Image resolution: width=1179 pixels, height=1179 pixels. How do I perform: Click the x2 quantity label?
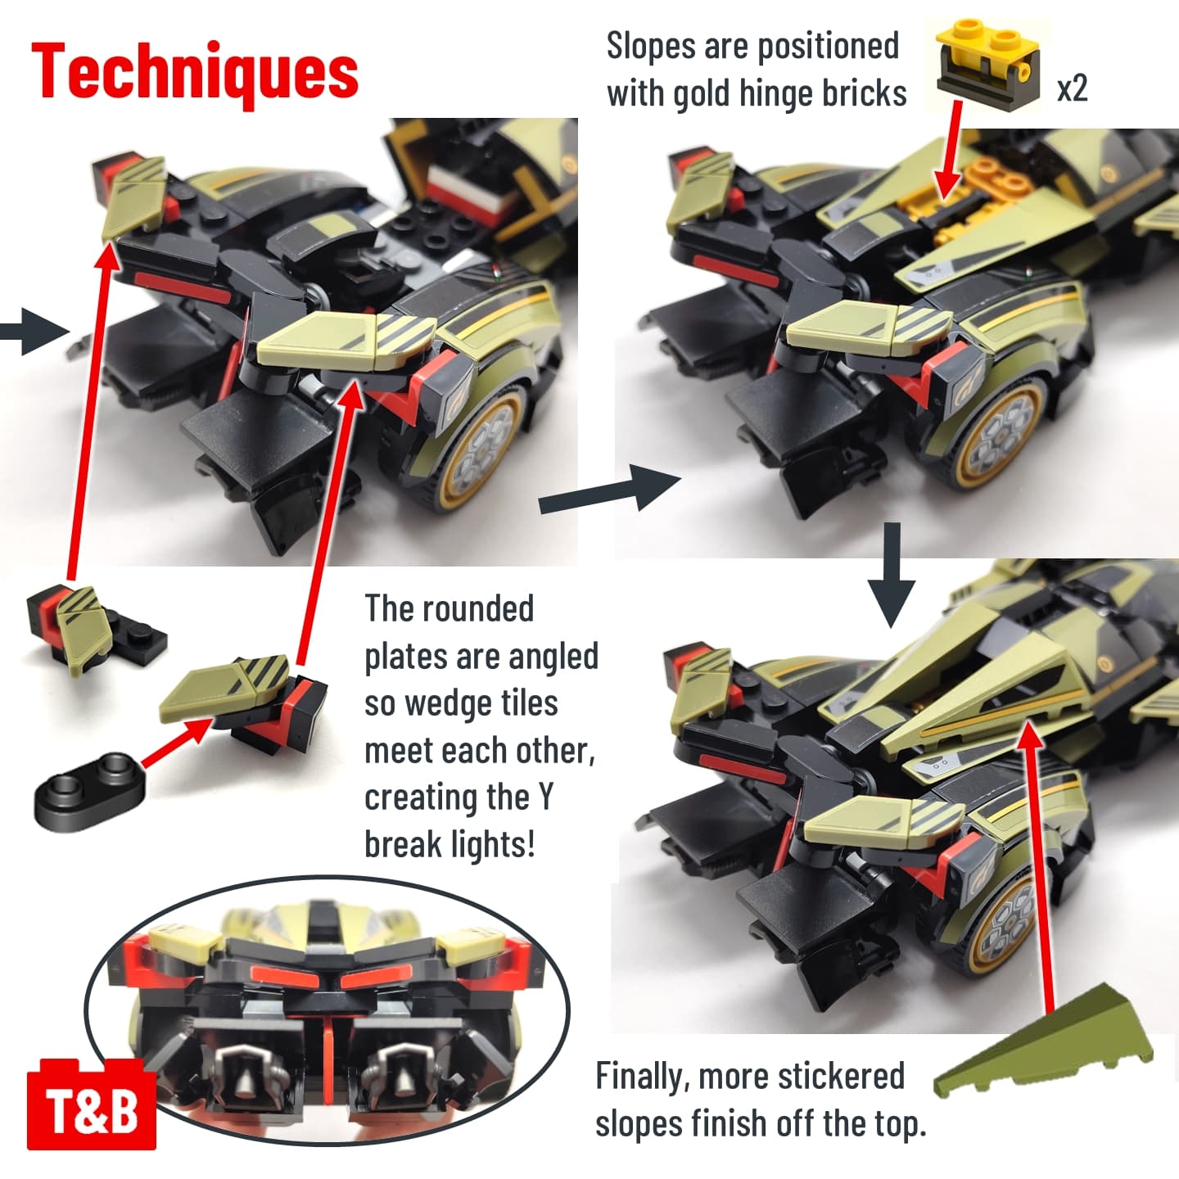pos(1072,88)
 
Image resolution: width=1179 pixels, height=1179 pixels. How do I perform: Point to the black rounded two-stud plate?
pos(90,790)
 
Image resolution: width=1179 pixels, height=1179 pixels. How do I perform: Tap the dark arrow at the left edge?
pos(34,332)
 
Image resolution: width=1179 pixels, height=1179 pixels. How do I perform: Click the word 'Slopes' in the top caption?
pos(651,46)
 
